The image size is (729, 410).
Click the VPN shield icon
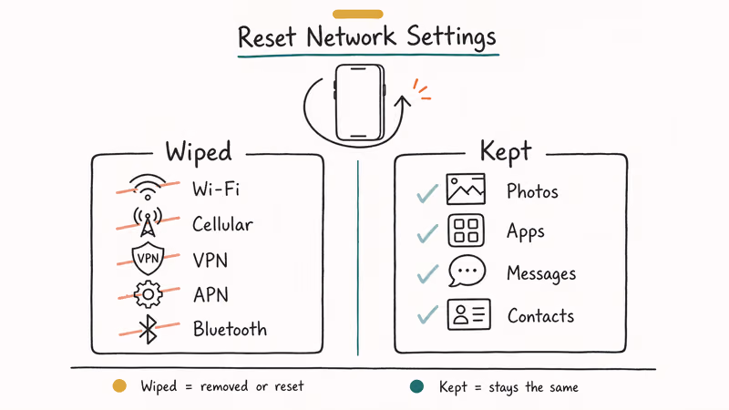pos(148,259)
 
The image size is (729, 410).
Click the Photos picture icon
pos(467,190)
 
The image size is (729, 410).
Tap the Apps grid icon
pos(467,231)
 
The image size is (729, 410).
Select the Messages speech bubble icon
pos(467,272)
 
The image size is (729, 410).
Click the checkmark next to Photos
pos(426,193)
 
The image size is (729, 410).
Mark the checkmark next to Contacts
pos(426,316)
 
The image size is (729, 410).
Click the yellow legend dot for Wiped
pos(118,386)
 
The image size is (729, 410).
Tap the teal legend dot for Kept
pos(416,386)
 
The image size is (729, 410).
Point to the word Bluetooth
pos(230,328)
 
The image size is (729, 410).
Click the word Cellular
pos(222,223)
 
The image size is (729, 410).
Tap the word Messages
pos(541,273)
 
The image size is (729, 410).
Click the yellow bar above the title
pos(357,14)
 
